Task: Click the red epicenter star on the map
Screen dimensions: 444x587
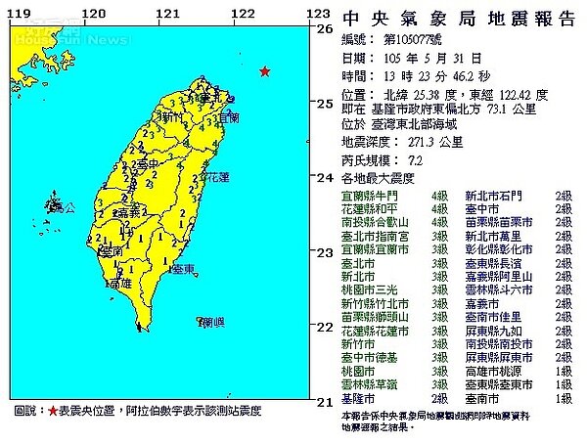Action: [x=263, y=71]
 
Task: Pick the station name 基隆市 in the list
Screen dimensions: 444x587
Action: [x=354, y=399]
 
